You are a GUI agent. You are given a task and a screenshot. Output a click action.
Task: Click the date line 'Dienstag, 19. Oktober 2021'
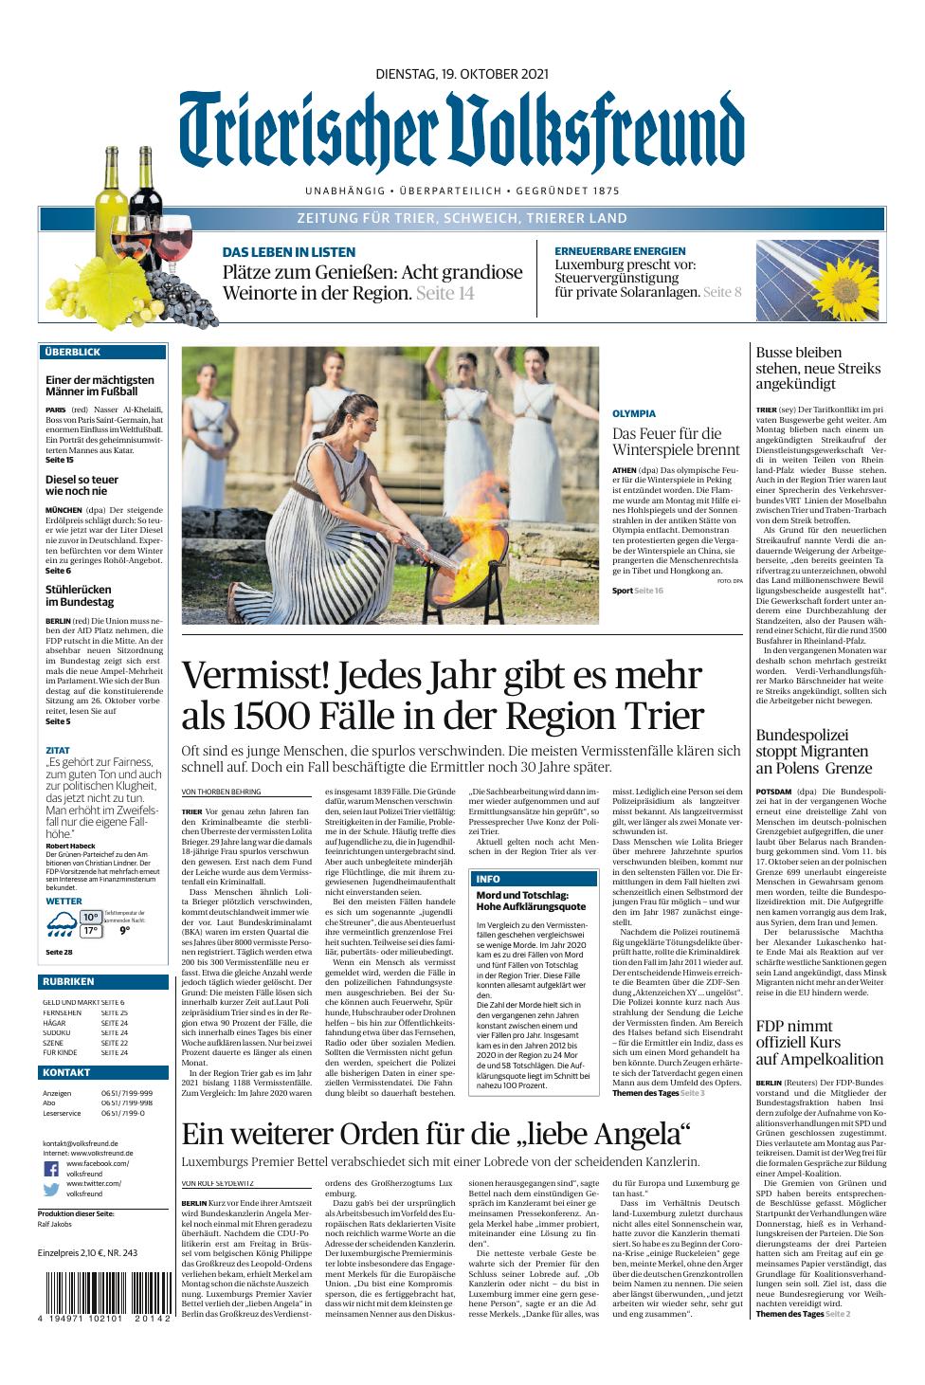462,73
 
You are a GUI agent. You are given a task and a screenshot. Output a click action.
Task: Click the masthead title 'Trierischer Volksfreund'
462,133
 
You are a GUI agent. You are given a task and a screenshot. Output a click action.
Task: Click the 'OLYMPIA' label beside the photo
634,414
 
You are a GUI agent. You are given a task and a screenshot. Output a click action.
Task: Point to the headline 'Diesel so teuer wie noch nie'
82,484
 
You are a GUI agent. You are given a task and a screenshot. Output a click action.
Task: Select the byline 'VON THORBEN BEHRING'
221,792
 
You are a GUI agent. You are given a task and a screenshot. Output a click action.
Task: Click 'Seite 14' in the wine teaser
445,294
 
